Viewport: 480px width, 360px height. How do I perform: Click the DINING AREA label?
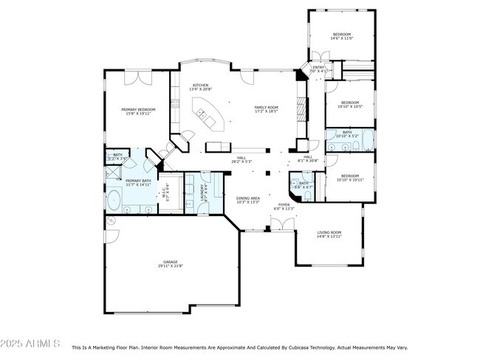tap(247, 199)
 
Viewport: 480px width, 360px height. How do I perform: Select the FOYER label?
tap(284, 207)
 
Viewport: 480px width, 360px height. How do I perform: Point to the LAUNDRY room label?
tap(202, 192)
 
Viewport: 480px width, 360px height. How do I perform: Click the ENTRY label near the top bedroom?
tap(318, 69)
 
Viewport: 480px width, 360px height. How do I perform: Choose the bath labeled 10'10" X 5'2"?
tap(346, 134)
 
